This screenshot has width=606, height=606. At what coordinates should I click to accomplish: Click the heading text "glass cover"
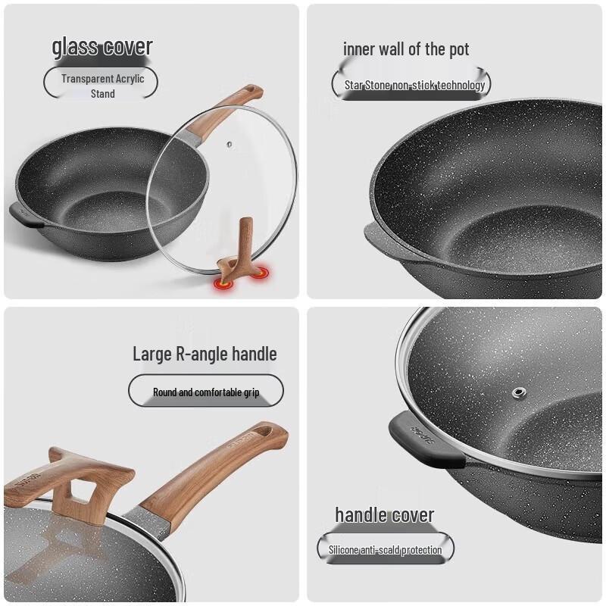click(x=102, y=47)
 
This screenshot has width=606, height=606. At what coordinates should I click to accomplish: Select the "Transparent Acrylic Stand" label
click(x=102, y=86)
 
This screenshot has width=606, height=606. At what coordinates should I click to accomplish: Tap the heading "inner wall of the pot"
click(x=406, y=50)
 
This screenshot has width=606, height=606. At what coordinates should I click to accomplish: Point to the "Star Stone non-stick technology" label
click(x=414, y=85)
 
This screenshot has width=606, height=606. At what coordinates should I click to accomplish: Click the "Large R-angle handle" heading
click(x=205, y=354)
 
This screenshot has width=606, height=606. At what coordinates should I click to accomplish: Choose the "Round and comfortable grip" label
click(x=206, y=392)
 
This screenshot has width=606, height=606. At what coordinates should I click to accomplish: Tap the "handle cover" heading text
click(x=385, y=516)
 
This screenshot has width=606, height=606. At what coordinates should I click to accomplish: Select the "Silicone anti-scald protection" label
click(x=385, y=550)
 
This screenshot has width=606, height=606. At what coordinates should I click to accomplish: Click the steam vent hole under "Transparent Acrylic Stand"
click(x=227, y=142)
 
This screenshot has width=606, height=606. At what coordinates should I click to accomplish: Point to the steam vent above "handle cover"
click(x=519, y=392)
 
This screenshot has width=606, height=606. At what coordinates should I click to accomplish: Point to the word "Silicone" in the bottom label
click(x=345, y=550)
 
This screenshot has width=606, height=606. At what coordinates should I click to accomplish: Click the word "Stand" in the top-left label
click(x=103, y=94)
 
